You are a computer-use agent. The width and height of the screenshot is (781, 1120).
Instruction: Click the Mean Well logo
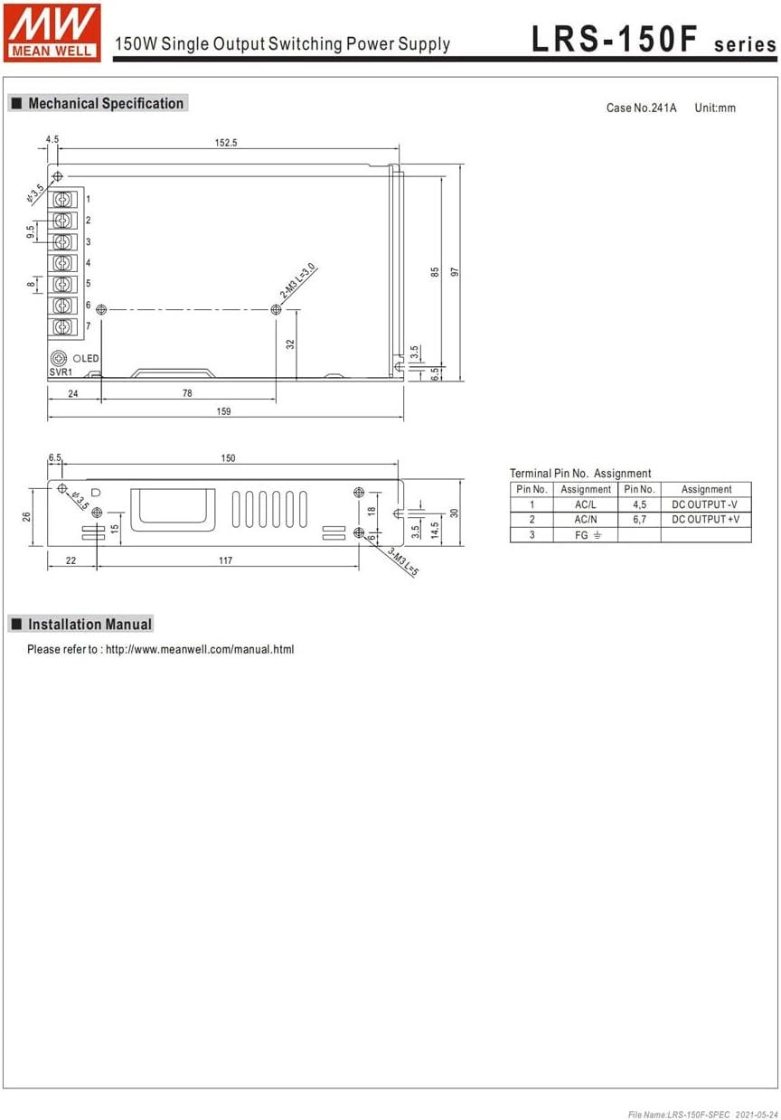coord(52,33)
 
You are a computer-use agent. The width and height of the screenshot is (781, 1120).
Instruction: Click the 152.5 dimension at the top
coord(226,143)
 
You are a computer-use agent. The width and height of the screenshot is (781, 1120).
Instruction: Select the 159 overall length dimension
coord(223,411)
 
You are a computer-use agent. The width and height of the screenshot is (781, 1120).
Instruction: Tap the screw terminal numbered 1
coord(62,199)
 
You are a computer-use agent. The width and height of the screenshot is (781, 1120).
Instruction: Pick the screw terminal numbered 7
coord(62,326)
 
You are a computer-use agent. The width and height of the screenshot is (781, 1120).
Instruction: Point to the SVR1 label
coord(61,372)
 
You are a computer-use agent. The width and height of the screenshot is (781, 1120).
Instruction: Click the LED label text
coord(90,359)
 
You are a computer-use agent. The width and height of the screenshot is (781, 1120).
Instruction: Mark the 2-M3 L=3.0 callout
coord(298,280)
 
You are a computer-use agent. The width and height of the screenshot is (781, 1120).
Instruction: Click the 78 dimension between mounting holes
coord(187,393)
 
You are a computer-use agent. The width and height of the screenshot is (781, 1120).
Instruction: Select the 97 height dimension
coord(455,272)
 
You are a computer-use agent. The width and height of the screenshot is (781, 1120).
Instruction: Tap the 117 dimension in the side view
coord(225,560)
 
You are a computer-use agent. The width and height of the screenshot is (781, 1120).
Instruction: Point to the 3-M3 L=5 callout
coord(403,561)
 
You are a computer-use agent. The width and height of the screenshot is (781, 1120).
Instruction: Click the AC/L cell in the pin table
coord(585,504)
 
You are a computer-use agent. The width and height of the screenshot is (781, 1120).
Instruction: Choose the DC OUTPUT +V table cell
coord(705,520)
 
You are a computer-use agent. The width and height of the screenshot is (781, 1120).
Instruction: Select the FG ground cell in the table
coord(585,535)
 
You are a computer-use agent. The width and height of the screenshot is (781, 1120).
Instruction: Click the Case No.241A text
coord(641,108)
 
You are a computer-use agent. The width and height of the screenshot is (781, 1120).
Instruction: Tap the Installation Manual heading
coord(89,625)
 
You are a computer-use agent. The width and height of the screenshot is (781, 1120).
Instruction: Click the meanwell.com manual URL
coord(200,650)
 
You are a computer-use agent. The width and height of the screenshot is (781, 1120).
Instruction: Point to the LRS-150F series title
coord(654,39)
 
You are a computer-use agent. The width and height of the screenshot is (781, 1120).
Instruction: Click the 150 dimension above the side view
coord(228,458)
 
